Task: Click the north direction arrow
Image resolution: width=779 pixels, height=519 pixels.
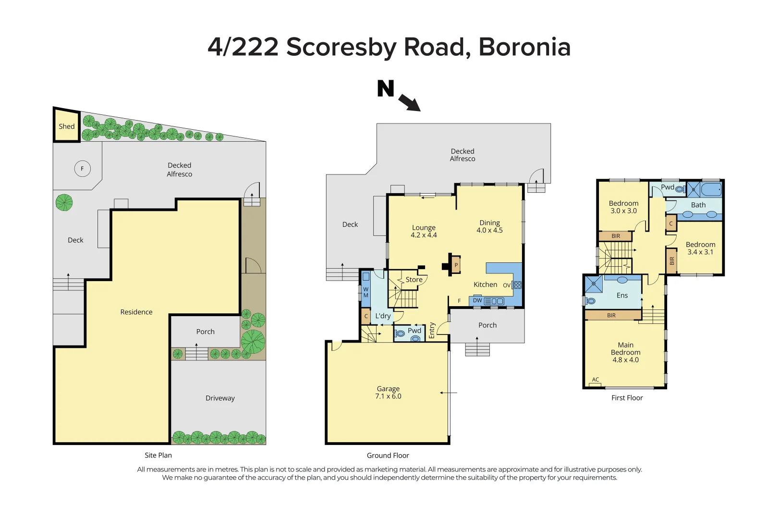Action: pos(409,102)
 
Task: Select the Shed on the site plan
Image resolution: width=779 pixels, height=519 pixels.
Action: pos(66,126)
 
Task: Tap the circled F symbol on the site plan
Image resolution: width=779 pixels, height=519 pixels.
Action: pos(82,169)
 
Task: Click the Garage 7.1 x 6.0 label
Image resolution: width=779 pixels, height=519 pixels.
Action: pos(388,393)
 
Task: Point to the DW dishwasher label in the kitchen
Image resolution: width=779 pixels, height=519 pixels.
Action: pos(477,300)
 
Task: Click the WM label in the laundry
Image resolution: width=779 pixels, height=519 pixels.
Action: pos(365,292)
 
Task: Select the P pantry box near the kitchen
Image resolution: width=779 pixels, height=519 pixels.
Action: pos(456,265)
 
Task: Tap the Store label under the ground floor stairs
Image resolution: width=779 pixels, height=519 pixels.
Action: pos(414,280)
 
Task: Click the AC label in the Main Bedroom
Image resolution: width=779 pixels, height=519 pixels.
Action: pos(596,380)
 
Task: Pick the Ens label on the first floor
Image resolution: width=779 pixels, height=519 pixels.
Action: pos(622,296)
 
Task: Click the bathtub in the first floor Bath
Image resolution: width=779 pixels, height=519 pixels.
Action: pos(711,190)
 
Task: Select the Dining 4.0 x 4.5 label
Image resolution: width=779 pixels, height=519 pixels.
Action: pos(489,226)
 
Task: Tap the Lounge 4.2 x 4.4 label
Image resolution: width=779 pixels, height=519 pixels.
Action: pos(424,231)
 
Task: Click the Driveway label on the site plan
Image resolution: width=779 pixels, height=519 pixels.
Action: pos(220,398)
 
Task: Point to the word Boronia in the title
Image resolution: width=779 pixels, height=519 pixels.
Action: pos(524,47)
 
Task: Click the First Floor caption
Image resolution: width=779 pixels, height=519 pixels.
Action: pos(627,398)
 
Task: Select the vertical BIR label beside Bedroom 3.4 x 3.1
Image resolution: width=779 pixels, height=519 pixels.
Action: pos(672,261)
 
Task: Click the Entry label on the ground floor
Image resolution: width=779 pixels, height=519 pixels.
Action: pos(432,330)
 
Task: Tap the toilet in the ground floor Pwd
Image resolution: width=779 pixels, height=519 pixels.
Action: pos(415,338)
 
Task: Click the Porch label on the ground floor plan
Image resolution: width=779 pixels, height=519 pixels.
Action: pos(487,325)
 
